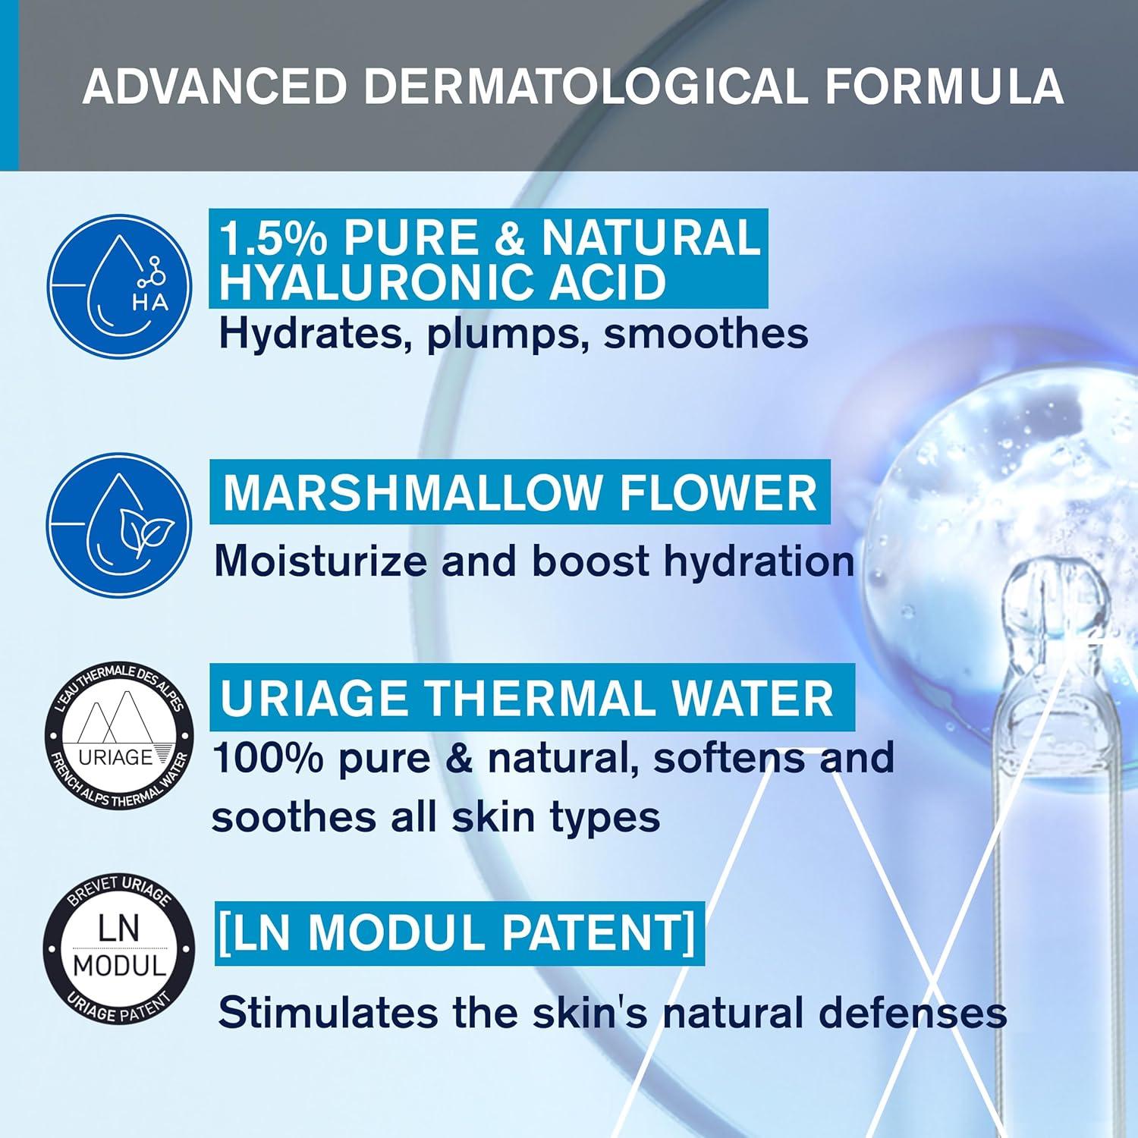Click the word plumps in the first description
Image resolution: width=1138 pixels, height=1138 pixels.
coord(502,334)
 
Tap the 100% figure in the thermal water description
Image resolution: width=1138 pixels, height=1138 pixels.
coord(269,757)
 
